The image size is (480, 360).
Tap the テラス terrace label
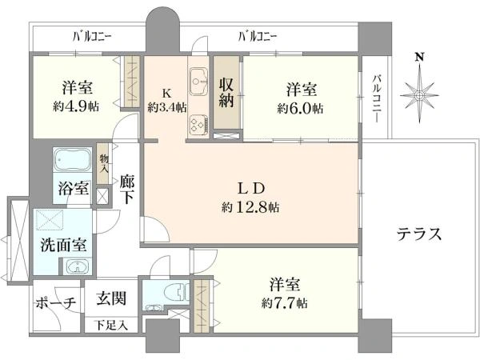(419, 234)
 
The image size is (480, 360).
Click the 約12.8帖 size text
(252, 207)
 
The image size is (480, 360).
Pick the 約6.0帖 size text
(301, 107)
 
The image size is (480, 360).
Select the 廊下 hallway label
(126, 190)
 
